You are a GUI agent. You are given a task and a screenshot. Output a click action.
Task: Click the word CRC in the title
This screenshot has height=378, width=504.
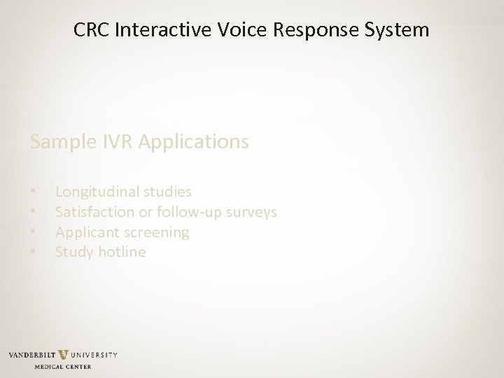(x=90, y=31)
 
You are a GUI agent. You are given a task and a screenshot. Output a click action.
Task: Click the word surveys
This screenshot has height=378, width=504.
(x=253, y=211)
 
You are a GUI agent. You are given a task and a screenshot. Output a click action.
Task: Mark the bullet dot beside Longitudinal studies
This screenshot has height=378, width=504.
(x=33, y=191)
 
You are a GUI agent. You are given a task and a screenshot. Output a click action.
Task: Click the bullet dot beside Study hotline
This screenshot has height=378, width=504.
(x=33, y=252)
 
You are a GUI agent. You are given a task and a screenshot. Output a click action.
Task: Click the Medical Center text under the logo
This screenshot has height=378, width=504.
(x=62, y=366)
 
